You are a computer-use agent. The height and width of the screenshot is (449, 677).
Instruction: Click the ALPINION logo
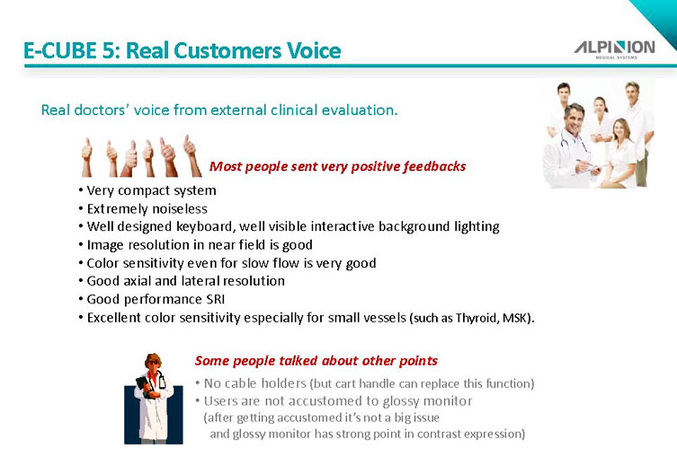click(614, 49)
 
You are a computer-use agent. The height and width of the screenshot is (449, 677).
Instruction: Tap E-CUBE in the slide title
click(60, 50)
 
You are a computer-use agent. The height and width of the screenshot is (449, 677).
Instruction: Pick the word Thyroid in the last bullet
click(477, 318)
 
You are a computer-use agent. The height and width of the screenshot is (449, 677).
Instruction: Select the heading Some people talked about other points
click(316, 361)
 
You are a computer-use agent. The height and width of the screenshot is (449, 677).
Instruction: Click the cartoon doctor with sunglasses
click(153, 399)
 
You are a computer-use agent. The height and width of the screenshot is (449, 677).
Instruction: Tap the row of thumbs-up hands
click(141, 156)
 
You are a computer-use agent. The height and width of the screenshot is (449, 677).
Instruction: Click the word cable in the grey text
click(241, 383)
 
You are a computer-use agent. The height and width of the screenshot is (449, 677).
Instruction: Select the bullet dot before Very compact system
click(81, 190)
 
